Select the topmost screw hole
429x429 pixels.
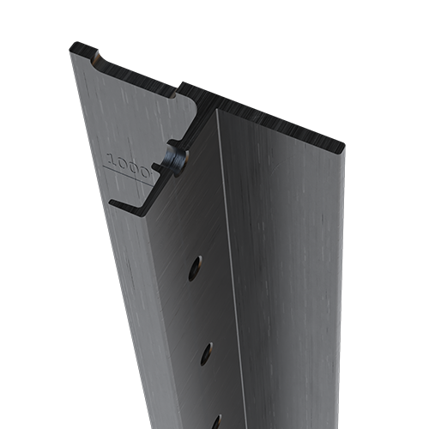coord(196,268)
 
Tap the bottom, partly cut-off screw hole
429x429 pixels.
coord(216,421)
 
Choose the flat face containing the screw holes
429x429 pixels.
coord(193,309)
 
